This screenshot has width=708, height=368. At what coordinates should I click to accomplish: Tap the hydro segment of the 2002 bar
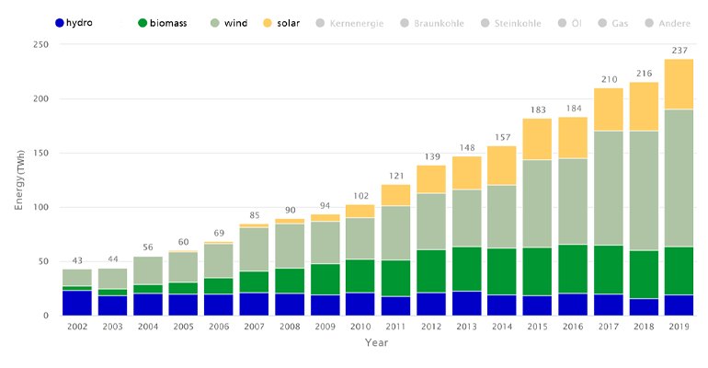coord(77,303)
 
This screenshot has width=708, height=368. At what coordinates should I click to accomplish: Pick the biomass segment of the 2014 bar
coord(502,271)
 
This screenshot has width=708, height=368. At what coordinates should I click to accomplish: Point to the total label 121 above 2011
coord(395,176)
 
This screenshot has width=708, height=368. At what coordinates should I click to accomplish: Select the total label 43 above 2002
coord(77,260)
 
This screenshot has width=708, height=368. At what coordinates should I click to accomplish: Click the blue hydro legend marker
coord(60,21)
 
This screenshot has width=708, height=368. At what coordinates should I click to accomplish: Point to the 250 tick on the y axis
coord(40,45)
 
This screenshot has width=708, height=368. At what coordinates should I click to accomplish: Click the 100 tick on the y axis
coord(40,207)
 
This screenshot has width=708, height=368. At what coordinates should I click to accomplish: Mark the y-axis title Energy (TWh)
coord(18,179)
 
